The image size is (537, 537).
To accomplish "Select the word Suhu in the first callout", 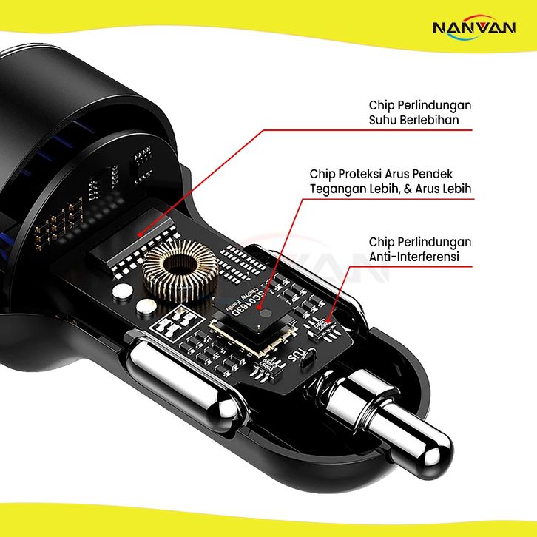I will coord(383,120).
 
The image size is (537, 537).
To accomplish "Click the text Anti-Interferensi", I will coord(414,257).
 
